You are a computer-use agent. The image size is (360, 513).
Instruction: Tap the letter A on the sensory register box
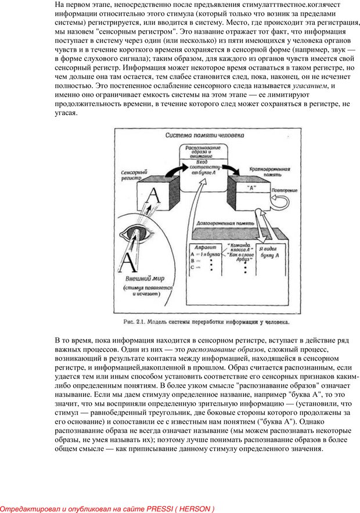tap(153, 194)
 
